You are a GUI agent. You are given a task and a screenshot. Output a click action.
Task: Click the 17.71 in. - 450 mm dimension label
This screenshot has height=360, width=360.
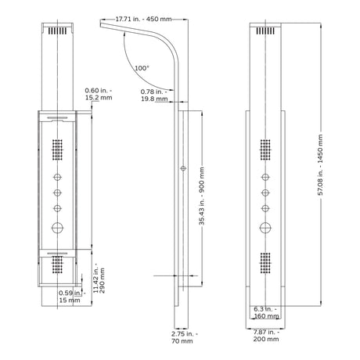pyautogui.click(x=143, y=19)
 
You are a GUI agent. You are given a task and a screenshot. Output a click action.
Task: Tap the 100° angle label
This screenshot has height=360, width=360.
pyautogui.click(x=142, y=68)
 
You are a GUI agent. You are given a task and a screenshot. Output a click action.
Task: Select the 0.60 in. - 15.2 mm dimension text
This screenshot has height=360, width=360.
pyautogui.click(x=99, y=94)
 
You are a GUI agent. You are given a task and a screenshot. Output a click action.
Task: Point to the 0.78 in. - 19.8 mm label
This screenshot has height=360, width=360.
pyautogui.click(x=154, y=95)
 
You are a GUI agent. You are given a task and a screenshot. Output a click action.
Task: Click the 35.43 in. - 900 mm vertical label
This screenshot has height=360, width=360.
pyautogui.click(x=201, y=196)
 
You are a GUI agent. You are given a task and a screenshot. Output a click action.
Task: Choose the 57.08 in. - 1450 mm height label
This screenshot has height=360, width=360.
pyautogui.click(x=320, y=165)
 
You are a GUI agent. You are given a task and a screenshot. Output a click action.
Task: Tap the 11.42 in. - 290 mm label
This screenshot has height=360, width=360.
pyautogui.click(x=99, y=280)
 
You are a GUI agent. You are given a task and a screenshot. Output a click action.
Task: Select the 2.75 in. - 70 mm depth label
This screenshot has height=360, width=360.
pyautogui.click(x=185, y=337)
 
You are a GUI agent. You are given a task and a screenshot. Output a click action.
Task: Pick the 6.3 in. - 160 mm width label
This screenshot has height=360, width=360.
pyautogui.click(x=266, y=312)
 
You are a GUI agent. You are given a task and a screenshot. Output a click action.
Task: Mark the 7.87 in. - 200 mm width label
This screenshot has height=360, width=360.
pyautogui.click(x=266, y=336)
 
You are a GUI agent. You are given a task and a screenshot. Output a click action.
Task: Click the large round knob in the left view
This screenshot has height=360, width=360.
pyautogui.click(x=58, y=228)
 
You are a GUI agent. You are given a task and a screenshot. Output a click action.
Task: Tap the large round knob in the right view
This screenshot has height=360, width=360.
pyautogui.click(x=265, y=228)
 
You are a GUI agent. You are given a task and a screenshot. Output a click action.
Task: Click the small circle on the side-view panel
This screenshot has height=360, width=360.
pyautogui.click(x=183, y=168)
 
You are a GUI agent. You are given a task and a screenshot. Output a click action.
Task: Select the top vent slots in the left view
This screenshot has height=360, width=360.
pyautogui.click(x=57, y=31)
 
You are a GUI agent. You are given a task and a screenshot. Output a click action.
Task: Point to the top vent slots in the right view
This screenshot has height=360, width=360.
pyautogui.click(x=265, y=31)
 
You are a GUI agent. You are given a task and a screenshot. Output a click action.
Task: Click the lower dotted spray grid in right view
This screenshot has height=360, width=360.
pyautogui.click(x=265, y=263)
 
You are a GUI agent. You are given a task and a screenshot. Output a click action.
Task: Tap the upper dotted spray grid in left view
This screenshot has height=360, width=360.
pyautogui.click(x=58, y=149)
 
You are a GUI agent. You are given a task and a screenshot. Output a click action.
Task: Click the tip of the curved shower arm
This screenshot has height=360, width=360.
pyautogui.click(x=101, y=24)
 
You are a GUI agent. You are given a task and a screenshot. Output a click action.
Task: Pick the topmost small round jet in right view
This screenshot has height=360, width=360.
pyautogui.click(x=265, y=177)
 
